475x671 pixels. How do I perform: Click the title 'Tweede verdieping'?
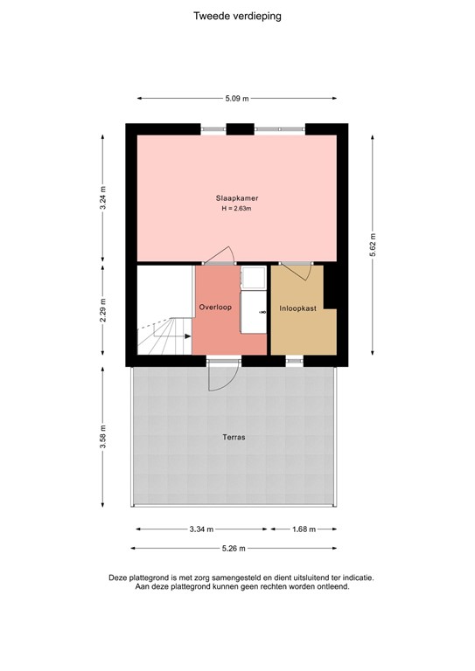pos(238,16)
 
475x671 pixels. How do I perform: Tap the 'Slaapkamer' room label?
pos(237,198)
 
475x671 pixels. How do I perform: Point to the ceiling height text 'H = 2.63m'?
pos(237,209)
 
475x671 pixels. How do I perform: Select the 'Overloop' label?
pos(214,308)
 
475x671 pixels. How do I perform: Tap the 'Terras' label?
pos(233,436)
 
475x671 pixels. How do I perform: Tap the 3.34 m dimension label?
pos(200,529)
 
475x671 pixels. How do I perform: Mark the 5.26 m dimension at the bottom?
pos(233,549)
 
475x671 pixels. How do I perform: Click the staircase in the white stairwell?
pos(164,336)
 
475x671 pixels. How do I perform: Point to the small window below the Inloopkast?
pos(296,358)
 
